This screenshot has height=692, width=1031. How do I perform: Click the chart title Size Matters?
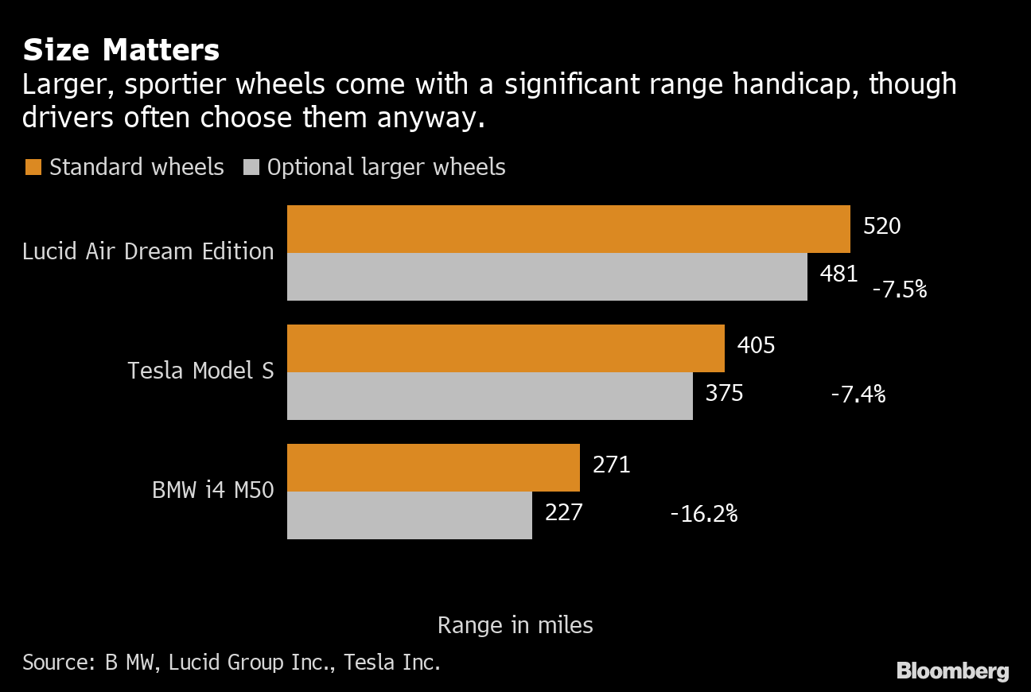click(x=121, y=50)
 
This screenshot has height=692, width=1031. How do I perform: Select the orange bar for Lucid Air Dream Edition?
click(x=568, y=229)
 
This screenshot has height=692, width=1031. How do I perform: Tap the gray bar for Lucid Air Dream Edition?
click(x=547, y=277)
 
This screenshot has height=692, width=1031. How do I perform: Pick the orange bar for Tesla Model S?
click(x=505, y=348)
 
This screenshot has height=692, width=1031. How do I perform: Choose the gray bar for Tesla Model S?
click(x=489, y=396)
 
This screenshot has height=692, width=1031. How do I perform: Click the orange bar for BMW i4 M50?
click(x=433, y=468)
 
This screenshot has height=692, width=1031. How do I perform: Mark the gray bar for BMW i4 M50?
click(x=409, y=515)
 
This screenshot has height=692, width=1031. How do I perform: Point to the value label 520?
click(x=881, y=227)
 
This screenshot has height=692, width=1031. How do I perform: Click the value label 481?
click(x=838, y=274)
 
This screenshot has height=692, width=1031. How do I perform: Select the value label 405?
click(x=756, y=346)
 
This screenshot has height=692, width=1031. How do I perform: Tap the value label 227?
click(x=563, y=511)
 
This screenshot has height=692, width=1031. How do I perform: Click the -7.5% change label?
click(x=900, y=290)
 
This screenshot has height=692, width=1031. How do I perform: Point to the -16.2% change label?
click(x=704, y=514)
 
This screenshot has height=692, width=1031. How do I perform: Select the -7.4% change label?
click(x=858, y=394)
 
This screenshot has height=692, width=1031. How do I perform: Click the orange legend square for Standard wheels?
click(x=33, y=167)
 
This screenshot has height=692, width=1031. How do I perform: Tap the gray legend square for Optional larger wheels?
click(x=251, y=167)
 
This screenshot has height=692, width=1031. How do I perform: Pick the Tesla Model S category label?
click(x=200, y=371)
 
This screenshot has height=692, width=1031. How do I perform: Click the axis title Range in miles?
click(x=515, y=625)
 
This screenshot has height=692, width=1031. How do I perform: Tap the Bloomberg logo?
click(x=952, y=671)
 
